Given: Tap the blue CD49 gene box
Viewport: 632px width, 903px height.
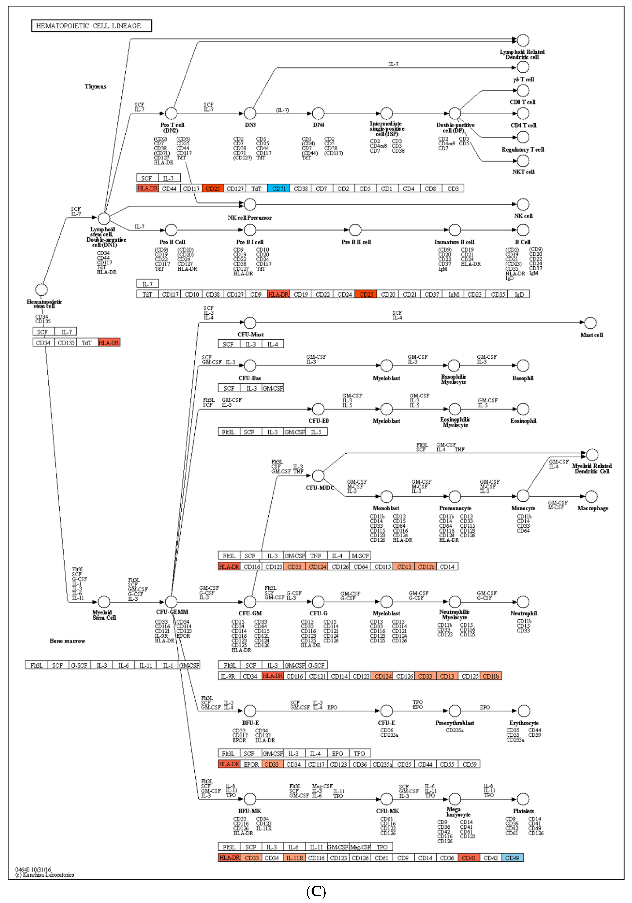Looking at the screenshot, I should point(512,858).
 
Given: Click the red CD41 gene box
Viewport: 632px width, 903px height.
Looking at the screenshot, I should point(468,858).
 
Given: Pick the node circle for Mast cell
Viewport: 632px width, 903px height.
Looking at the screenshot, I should point(590,323).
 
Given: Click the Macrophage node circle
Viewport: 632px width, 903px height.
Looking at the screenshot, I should point(591,496).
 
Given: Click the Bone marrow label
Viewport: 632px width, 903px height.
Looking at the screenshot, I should point(67,641).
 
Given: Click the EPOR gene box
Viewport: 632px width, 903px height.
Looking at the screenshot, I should point(251,764).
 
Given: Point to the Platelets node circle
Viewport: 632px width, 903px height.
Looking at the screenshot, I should point(523,799).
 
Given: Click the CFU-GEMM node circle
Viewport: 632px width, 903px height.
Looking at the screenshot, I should point(171,602).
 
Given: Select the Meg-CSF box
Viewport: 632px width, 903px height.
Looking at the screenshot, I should point(360,847).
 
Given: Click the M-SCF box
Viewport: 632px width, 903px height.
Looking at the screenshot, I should point(360,556).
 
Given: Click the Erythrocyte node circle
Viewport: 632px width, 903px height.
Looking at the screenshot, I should point(523,711).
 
